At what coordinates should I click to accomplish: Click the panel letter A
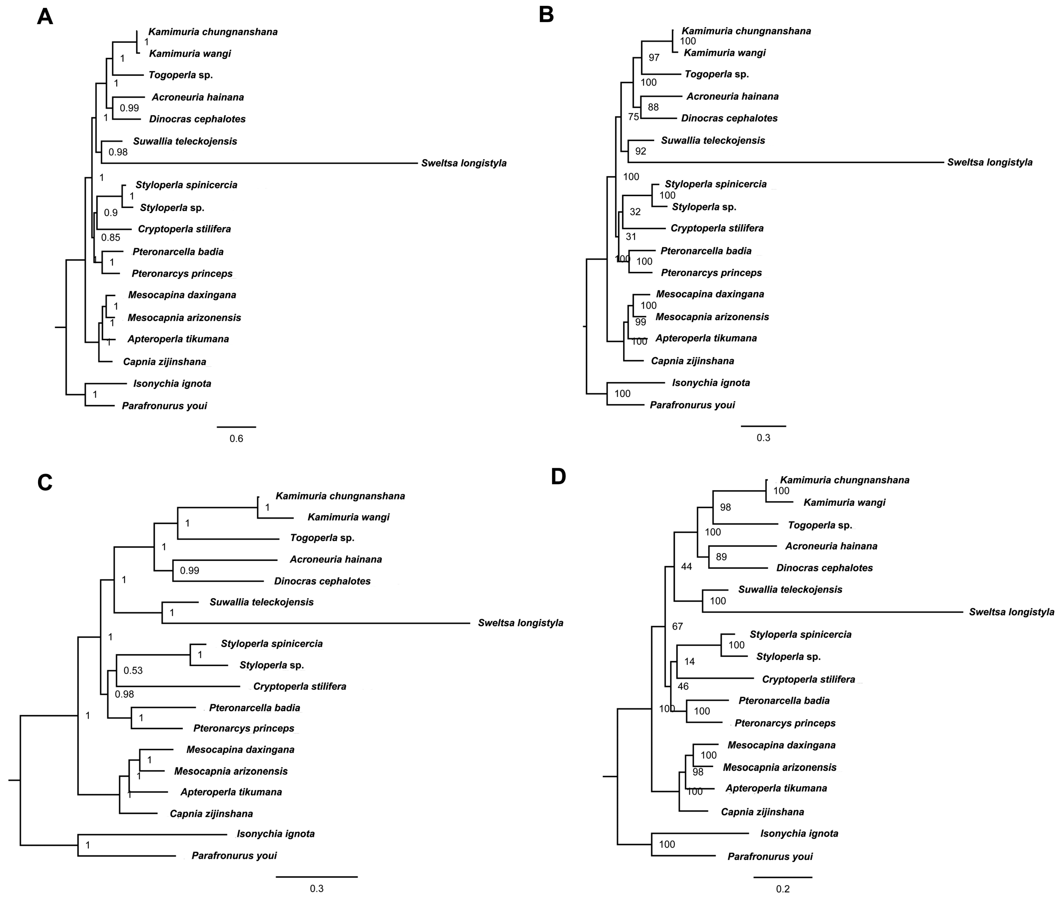pyautogui.click(x=45, y=17)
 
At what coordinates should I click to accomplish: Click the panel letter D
pyautogui.click(x=559, y=477)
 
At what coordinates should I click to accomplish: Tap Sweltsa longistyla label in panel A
pyautogui.click(x=463, y=163)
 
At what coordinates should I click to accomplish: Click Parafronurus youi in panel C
pyautogui.click(x=234, y=855)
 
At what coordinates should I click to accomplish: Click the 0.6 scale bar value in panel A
pyautogui.click(x=236, y=438)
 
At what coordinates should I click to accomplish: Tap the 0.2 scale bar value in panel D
pyautogui.click(x=783, y=889)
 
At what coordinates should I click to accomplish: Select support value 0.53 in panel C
pyautogui.click(x=133, y=670)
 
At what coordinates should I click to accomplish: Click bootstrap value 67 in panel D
pyautogui.click(x=677, y=626)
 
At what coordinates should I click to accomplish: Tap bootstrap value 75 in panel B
pyautogui.click(x=633, y=117)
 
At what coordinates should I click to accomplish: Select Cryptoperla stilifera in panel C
pyautogui.click(x=300, y=687)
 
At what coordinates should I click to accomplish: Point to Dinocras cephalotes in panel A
pyautogui.click(x=197, y=119)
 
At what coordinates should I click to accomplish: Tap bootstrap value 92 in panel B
pyautogui.click(x=640, y=151)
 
